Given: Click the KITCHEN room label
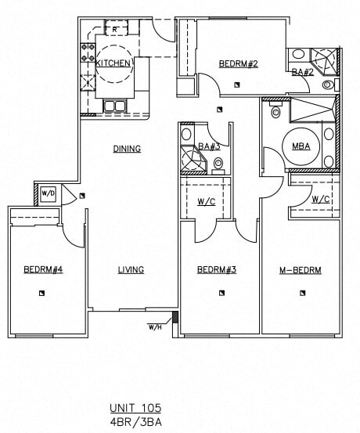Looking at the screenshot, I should pyautogui.click(x=113, y=63).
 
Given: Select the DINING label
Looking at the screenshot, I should pyautogui.click(x=127, y=149).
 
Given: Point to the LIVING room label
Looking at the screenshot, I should pyautogui.click(x=131, y=270).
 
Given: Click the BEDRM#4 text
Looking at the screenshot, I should pyautogui.click(x=43, y=270).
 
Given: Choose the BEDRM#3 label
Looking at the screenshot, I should pyautogui.click(x=217, y=270).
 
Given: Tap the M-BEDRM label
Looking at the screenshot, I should pyautogui.click(x=301, y=270).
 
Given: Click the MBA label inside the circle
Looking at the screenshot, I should pyautogui.click(x=300, y=146).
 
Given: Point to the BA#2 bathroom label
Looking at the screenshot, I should pyautogui.click(x=302, y=72).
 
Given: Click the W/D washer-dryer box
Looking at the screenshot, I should pyautogui.click(x=49, y=192).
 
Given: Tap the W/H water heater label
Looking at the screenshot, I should pyautogui.click(x=154, y=327).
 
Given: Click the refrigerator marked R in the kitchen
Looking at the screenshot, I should pyautogui.click(x=116, y=30).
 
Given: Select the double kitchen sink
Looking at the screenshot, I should pyautogui.click(x=115, y=106).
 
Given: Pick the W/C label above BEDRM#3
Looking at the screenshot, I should pyautogui.click(x=207, y=201).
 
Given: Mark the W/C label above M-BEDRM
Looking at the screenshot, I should pyautogui.click(x=320, y=199).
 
